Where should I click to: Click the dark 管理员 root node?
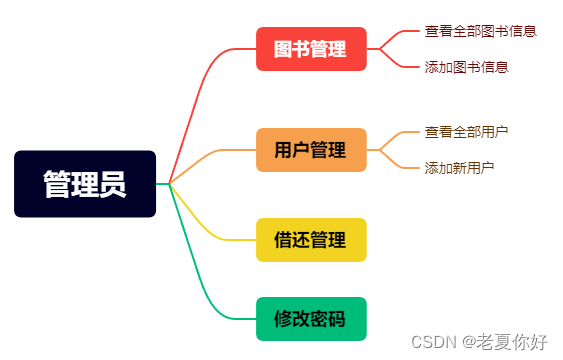click(x=85, y=183)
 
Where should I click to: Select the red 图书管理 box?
click(x=311, y=49)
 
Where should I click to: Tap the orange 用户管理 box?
click(x=311, y=150)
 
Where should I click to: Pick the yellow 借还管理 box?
click(x=311, y=240)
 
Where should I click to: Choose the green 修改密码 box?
click(x=311, y=319)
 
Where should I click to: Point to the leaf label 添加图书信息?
click(x=466, y=67)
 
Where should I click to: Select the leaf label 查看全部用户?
click(x=466, y=131)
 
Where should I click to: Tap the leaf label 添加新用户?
click(x=459, y=167)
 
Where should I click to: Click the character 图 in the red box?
click(x=284, y=49)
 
